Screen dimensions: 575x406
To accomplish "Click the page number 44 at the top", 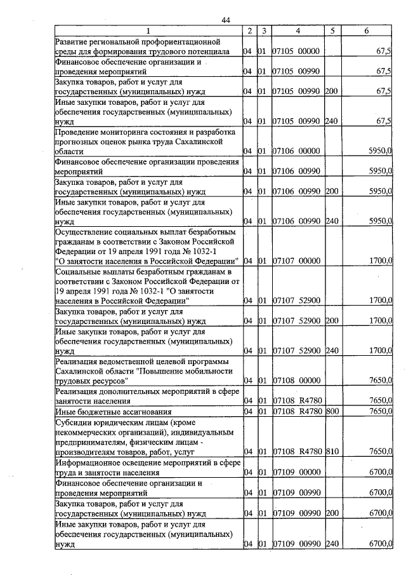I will point(225,20).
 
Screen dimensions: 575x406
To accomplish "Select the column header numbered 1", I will point(148,30).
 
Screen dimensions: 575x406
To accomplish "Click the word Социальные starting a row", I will point(80,272).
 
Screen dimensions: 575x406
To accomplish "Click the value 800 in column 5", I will point(332,411).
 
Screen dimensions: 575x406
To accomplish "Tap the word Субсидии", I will point(75,421).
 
